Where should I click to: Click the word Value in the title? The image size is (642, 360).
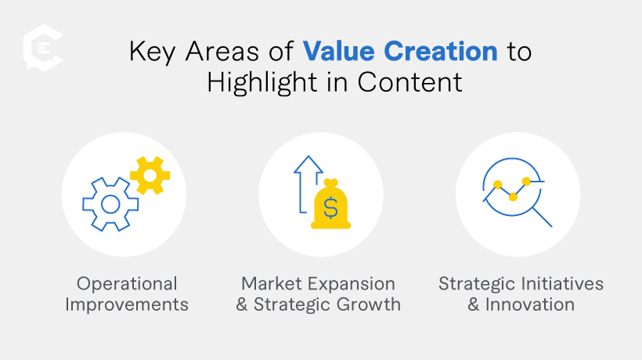tap(334, 52)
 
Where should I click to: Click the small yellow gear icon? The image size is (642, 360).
tap(150, 175)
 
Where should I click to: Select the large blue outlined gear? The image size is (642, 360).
tap(110, 204)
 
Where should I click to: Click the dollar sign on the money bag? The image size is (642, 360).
tap(330, 209)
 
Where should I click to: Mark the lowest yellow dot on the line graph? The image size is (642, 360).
tap(513, 196)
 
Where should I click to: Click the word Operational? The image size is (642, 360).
tap(127, 283)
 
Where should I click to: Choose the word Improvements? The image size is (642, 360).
tap(127, 304)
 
